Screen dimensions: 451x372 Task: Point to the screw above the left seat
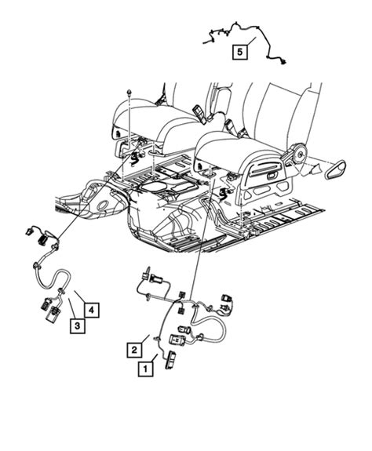click(126, 92)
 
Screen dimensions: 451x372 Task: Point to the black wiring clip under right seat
click(228, 192)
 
